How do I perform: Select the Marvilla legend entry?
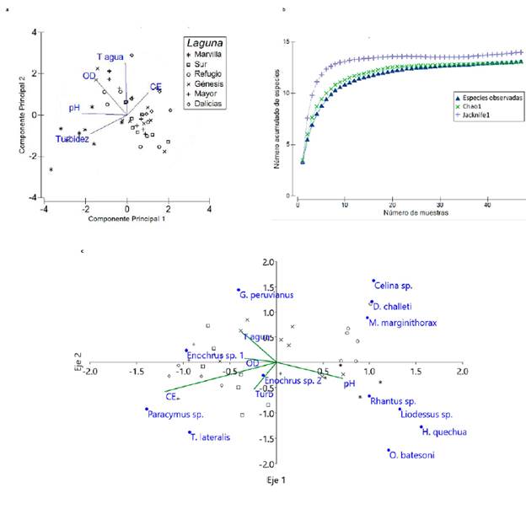209,53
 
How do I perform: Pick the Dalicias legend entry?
209,104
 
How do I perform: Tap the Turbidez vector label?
72,138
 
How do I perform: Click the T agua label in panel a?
110,57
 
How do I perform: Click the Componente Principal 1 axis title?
126,219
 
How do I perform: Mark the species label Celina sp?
396,285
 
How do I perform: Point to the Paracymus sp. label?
175,414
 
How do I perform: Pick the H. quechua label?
443,432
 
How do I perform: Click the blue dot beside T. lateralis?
189,433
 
